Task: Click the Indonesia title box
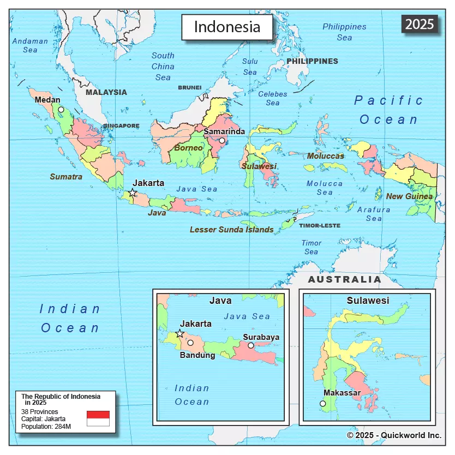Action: point(227,27)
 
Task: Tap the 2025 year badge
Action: point(420,23)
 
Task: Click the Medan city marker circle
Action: point(61,109)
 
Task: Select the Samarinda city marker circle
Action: point(222,141)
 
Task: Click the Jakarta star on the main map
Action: point(133,193)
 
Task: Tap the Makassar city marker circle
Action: point(322,404)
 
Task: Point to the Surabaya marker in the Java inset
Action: point(250,345)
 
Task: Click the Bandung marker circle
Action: point(190,343)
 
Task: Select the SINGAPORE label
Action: point(121,125)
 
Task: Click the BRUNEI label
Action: point(189,87)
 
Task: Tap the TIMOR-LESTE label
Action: point(319,225)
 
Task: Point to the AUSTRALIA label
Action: point(345,279)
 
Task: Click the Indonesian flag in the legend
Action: point(98,418)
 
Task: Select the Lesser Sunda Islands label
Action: point(231,230)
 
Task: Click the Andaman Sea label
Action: point(30,45)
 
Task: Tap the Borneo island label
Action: point(188,148)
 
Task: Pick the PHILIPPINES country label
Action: point(312,61)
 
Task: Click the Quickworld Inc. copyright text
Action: point(394,435)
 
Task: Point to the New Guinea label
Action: point(409,196)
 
